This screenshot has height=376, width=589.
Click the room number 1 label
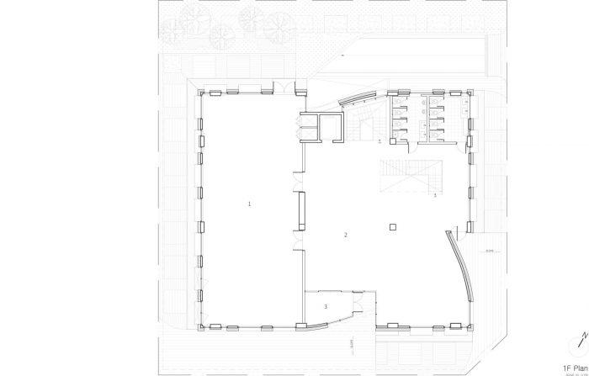(x=249, y=204)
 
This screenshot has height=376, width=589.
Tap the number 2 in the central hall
(x=345, y=235)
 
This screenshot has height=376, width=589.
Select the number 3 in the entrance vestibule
(x=325, y=307)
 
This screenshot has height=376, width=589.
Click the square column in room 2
(x=393, y=226)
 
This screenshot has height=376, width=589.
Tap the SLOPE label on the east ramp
(x=487, y=250)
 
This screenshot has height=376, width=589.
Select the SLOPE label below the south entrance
(x=347, y=343)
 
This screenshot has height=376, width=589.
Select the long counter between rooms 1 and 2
(x=301, y=211)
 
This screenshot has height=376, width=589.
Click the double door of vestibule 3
(x=358, y=301)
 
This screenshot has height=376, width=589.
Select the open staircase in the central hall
(x=411, y=176)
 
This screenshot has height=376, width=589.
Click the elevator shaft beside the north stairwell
(x=322, y=127)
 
